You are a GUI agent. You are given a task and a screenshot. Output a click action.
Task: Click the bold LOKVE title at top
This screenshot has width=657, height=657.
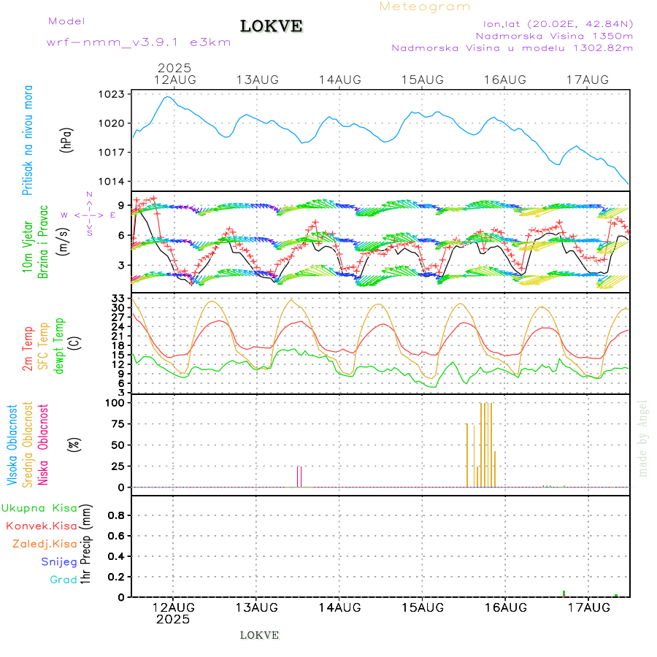click(x=272, y=26)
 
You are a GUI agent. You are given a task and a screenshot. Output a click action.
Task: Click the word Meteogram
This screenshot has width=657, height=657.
click(x=425, y=7)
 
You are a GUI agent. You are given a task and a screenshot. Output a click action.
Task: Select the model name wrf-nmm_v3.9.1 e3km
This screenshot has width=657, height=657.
click(x=139, y=42)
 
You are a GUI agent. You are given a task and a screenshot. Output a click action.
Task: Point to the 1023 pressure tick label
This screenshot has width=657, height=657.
click(x=114, y=94)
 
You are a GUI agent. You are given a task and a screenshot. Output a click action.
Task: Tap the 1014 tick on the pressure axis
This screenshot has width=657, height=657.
click(x=114, y=182)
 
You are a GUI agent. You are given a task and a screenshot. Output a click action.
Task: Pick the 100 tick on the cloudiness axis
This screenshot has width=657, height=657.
click(x=115, y=402)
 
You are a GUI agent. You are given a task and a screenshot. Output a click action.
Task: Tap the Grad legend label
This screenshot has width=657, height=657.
click(x=64, y=580)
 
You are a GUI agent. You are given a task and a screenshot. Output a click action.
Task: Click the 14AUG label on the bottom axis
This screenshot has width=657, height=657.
click(x=339, y=607)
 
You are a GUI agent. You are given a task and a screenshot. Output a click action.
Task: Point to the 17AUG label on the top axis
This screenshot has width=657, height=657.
click(x=588, y=79)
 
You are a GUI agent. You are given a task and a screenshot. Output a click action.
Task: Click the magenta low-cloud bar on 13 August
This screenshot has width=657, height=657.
click(x=299, y=476)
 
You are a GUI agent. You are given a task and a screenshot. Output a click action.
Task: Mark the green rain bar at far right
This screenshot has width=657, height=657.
click(x=616, y=596)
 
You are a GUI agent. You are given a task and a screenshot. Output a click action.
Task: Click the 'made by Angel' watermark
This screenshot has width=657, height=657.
click(x=643, y=438)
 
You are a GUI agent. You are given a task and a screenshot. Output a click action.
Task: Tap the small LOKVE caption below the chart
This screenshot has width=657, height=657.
click(x=259, y=635)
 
